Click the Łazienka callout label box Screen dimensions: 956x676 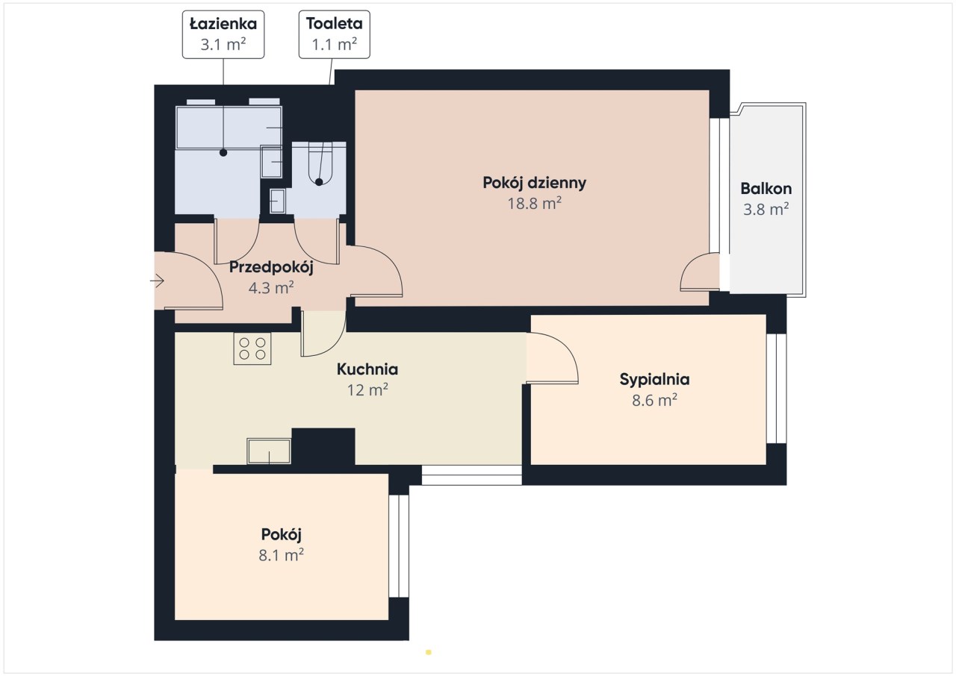pos(223,34)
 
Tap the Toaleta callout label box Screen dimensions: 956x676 pos(334,34)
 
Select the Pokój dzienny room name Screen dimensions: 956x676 pos(534,183)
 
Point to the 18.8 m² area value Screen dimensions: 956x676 pos(534,204)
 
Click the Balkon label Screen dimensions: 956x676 pos(766,188)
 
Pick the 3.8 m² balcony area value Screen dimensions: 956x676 pos(766,209)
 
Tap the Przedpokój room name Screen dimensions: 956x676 pos(271,267)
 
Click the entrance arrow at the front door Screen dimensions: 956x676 pos(157,281)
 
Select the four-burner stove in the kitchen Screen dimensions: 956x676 pos(252,348)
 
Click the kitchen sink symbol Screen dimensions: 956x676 pos(269,451)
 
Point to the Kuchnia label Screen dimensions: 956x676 pos(367,369)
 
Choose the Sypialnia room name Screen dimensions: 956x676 pos(655,379)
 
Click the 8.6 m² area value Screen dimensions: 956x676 pos(655,400)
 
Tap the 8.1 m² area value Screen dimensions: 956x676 pos(282,555)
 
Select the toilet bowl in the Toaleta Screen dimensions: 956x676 pos(319,164)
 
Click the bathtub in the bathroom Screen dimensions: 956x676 pos(229,128)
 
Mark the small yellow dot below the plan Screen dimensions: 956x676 pos(429,652)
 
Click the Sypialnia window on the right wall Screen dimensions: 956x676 pos(776,388)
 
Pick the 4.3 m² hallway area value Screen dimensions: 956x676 pos(271,288)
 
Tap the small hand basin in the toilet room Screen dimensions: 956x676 pos(277,201)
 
